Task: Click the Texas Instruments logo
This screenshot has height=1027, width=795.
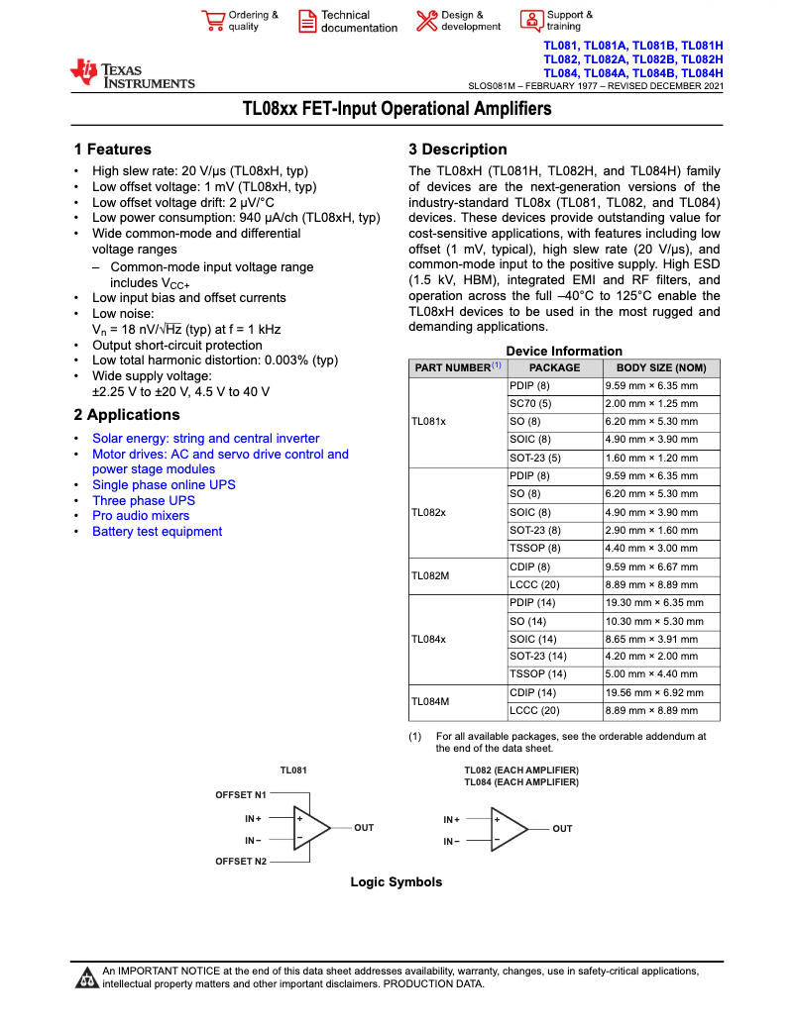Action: tap(132, 74)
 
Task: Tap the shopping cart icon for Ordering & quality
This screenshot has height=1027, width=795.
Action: tap(213, 22)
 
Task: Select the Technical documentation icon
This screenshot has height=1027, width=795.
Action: tap(307, 22)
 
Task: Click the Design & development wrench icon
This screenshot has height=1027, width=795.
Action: tap(426, 21)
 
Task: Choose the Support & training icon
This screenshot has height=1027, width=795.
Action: tap(531, 21)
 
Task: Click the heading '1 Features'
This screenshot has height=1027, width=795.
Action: tap(112, 150)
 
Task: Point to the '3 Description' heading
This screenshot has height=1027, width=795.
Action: tap(457, 150)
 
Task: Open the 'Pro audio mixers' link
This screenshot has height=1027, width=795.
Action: tap(141, 516)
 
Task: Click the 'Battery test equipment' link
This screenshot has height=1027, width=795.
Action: tap(157, 532)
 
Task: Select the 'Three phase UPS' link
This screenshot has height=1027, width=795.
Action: tap(144, 500)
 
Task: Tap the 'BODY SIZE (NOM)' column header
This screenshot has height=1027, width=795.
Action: tap(661, 367)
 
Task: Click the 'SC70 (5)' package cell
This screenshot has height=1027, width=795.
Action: tap(530, 403)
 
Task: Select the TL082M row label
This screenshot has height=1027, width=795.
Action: tap(430, 575)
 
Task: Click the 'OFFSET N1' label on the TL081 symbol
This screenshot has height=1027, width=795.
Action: tap(241, 794)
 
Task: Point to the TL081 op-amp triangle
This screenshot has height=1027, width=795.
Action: tap(310, 828)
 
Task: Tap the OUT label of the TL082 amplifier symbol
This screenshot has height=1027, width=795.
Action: tap(562, 828)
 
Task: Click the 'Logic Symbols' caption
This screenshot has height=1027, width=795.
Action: tap(397, 882)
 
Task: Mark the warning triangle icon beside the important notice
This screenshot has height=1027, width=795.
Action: tap(87, 978)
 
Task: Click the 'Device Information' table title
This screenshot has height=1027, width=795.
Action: tap(564, 351)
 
